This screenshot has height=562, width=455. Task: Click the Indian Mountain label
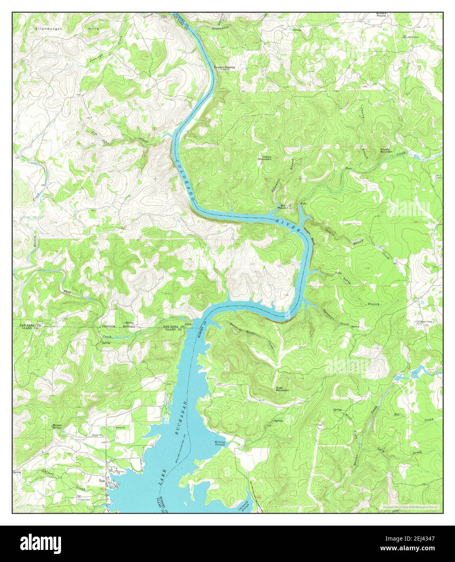(x=265, y=158)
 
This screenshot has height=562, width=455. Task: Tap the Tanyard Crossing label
(x=224, y=68)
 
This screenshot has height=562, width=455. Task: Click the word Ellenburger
(x=47, y=29)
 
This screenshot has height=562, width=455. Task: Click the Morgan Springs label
(x=57, y=426)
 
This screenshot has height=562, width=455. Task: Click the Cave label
(x=320, y=425)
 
